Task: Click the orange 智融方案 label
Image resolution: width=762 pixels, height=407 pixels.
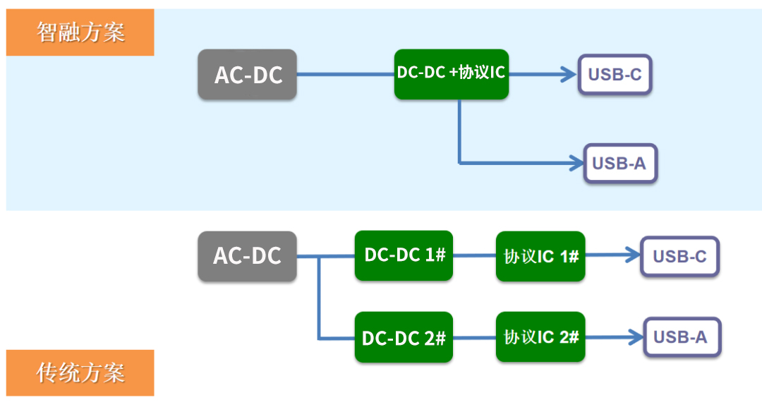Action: coord(80,32)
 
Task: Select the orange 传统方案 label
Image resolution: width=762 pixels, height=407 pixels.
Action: coord(80,372)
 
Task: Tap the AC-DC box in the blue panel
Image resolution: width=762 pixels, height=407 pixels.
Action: coord(247,74)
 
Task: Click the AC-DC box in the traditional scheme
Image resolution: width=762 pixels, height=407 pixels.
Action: coord(247,256)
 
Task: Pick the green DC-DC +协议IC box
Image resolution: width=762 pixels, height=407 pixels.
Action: coord(452,73)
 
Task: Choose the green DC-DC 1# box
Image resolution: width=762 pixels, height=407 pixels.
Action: coord(404,255)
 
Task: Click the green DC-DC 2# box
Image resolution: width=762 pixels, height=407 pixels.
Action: coord(404,337)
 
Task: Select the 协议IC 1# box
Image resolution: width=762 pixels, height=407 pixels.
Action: coord(540,256)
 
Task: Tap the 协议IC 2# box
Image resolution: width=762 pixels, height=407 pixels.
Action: coord(540,337)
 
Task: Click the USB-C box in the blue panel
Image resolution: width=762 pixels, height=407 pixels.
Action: coord(615,74)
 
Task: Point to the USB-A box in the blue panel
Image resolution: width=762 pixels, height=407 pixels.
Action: coord(619,164)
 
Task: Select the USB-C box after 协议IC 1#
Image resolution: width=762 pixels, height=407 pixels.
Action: coord(679,256)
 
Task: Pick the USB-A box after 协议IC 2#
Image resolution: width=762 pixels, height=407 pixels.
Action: coord(679,337)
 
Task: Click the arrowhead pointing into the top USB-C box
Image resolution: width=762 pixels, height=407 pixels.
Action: coord(569,73)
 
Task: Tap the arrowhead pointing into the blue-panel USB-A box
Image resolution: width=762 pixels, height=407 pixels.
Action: coord(574,163)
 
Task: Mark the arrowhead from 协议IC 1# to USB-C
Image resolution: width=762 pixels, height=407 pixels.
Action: coord(631,256)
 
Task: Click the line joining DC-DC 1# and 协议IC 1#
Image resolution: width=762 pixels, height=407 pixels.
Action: coord(474,256)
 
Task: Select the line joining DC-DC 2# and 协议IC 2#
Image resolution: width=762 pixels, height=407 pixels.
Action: coord(474,337)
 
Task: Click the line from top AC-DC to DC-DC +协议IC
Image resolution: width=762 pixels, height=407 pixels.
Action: coord(345,73)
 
